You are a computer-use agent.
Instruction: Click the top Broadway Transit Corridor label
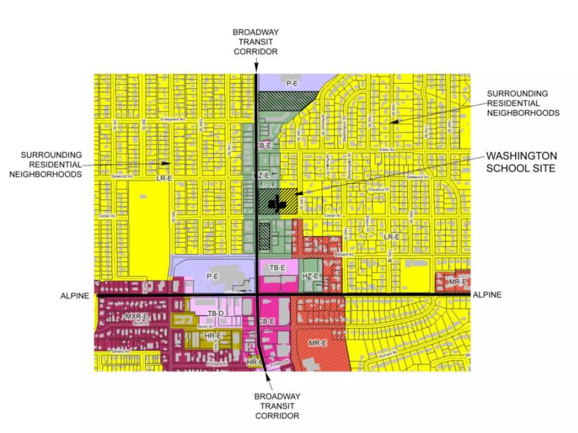(255, 42)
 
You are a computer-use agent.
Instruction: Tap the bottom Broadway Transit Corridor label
(277, 406)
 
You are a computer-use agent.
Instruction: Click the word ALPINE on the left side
(75, 296)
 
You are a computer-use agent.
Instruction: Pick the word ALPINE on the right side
(487, 295)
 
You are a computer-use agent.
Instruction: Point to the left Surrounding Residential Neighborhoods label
(45, 165)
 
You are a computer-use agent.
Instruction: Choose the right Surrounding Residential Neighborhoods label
(523, 103)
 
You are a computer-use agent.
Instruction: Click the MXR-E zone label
(136, 316)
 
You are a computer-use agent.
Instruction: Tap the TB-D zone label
(216, 313)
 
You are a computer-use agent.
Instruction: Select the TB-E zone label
(277, 268)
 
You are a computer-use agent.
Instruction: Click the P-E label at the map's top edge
(292, 83)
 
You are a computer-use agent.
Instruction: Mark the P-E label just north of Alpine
(212, 276)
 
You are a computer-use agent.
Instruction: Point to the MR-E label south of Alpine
(318, 343)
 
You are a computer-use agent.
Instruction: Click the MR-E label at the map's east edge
(457, 282)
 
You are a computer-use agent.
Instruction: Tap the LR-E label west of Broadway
(164, 178)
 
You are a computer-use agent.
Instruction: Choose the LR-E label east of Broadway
(391, 237)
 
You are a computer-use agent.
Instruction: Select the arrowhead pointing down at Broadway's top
(256, 68)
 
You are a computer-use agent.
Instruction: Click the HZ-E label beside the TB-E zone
(310, 276)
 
